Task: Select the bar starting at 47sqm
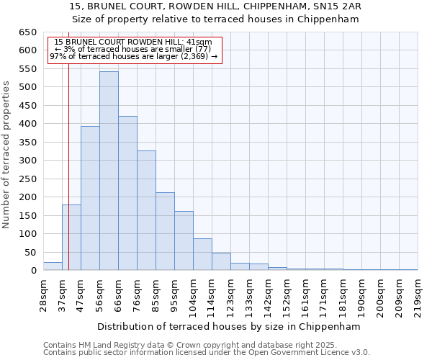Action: tap(90, 199)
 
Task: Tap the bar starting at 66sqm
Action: tap(127, 194)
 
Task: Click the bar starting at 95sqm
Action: tap(184, 241)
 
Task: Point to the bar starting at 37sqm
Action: tap(71, 238)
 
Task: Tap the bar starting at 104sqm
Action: tap(202, 255)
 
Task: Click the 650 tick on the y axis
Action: tap(27, 32)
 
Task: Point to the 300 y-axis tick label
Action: tap(27, 161)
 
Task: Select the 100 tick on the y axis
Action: tap(27, 234)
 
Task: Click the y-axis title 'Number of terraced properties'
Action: tap(6, 155)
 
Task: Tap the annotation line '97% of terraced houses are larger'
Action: tap(133, 56)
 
